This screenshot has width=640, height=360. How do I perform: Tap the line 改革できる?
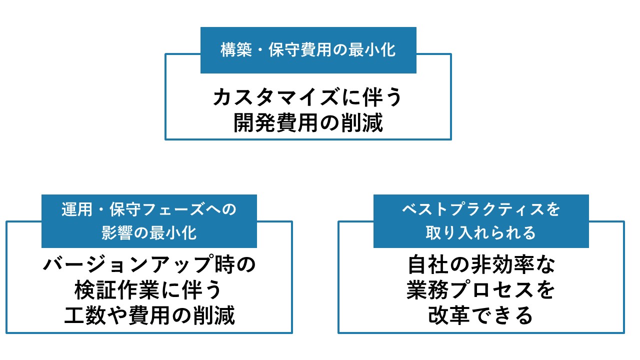[x=481, y=316]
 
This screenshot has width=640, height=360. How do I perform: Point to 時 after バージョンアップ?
[x=221, y=265]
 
